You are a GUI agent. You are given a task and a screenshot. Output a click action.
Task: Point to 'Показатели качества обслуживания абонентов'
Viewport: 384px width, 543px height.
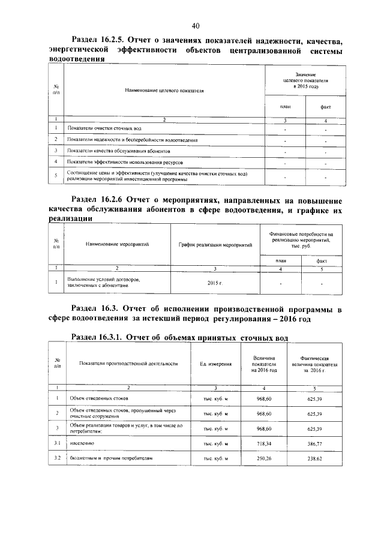coord(119,151)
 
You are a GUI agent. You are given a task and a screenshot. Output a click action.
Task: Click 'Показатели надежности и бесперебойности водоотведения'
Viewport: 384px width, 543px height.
coord(132,140)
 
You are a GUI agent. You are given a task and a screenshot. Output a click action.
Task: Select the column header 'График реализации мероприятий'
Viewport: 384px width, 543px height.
coord(215,245)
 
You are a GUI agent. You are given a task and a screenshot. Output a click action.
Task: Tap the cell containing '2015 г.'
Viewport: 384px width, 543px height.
coord(215,281)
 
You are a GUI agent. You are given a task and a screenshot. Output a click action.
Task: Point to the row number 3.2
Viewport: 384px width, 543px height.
coord(55,458)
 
